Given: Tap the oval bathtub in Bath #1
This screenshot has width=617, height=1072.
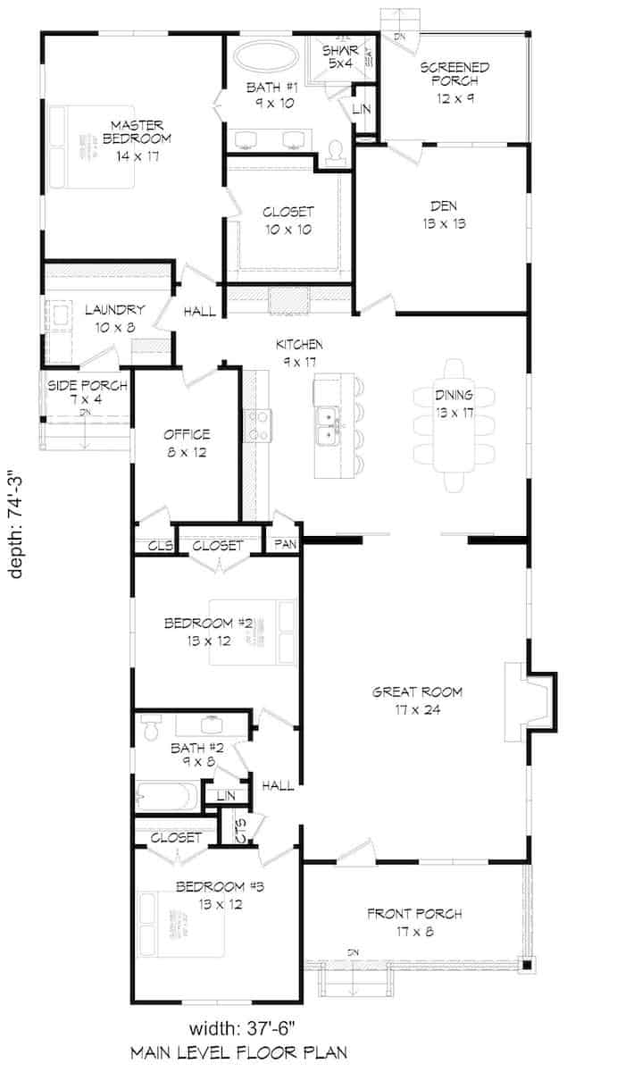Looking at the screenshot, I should (x=267, y=61).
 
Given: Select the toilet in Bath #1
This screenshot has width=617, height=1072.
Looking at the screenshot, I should (x=336, y=152).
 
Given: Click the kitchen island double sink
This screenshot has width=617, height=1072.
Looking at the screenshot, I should (x=329, y=425).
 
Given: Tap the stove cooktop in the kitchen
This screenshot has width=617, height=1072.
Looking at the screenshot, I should (x=258, y=425).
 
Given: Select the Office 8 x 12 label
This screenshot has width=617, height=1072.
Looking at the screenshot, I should (x=187, y=442).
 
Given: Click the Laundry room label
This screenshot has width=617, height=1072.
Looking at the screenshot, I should (x=110, y=318).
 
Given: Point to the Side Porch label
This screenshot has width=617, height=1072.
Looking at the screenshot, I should (x=87, y=394).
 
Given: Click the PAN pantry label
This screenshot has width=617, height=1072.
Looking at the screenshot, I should (x=286, y=542).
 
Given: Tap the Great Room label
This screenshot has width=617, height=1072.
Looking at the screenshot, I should (x=418, y=700).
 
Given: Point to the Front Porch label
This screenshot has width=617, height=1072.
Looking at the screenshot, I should (x=414, y=922).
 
